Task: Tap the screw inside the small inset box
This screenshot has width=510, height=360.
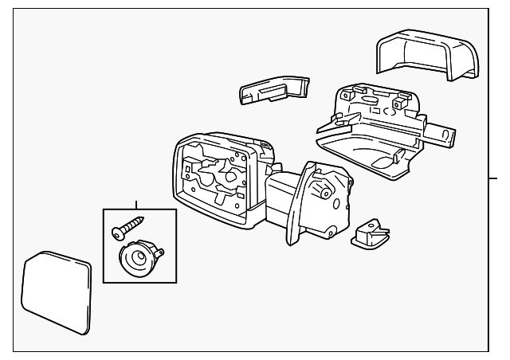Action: click(127, 226)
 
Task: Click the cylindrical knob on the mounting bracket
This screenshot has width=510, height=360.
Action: click(324, 189)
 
